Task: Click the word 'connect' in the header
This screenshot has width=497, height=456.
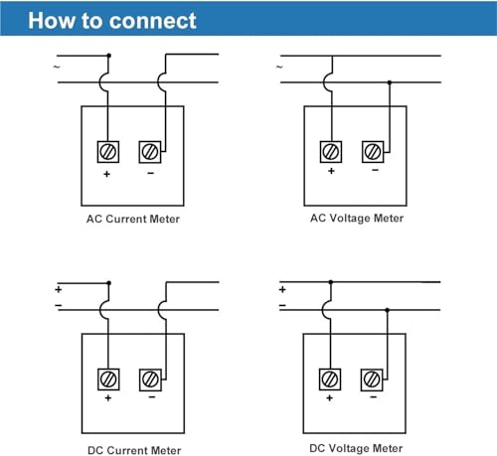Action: (x=153, y=21)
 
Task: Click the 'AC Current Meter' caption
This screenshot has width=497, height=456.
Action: (x=133, y=219)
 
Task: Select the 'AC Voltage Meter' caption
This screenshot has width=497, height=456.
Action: (x=357, y=219)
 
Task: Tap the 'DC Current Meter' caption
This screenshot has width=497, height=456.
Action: (x=134, y=450)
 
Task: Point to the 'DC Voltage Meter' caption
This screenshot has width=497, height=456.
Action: (x=356, y=448)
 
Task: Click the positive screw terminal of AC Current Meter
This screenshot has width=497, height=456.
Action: (x=108, y=152)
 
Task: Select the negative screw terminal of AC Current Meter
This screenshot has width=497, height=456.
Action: (x=150, y=152)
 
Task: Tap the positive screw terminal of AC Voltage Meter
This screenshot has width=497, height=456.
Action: (x=331, y=152)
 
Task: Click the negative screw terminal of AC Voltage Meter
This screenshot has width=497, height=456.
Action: (x=373, y=152)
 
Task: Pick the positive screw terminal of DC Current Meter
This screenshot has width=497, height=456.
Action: (x=108, y=380)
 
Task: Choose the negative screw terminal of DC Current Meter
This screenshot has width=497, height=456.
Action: (x=150, y=380)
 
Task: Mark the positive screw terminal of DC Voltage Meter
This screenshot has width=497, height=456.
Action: (x=330, y=380)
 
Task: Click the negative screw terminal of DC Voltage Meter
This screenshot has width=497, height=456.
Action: (x=372, y=380)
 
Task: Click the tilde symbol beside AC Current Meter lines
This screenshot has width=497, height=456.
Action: (x=57, y=67)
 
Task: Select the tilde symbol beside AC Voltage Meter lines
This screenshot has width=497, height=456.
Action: (x=279, y=67)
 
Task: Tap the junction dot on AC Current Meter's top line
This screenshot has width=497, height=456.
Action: (x=109, y=56)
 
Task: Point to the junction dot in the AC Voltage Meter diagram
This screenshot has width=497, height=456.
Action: (x=390, y=82)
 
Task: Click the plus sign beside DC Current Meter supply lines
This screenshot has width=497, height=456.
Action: (x=59, y=290)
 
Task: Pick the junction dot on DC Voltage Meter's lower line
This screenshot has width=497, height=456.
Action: (x=387, y=310)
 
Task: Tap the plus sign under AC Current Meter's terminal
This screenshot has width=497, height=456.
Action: (x=106, y=174)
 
